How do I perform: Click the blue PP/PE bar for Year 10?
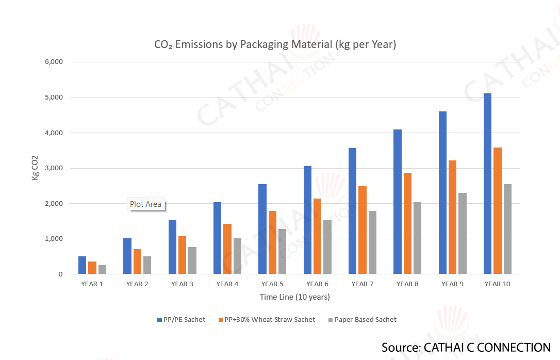487,184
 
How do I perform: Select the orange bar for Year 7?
363,230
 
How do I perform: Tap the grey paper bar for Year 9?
463,233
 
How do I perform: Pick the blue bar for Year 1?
82,265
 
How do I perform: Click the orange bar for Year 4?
227,249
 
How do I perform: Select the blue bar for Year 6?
308,220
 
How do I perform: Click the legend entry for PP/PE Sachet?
181,320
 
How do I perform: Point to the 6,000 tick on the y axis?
54,62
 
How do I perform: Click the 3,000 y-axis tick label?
54,168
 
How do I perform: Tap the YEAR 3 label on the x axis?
183,284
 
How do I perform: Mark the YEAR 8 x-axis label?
407,284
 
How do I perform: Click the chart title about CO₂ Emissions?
275,45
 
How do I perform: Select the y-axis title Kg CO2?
35,168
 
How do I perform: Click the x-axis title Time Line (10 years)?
295,297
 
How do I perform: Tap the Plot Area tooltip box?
145,204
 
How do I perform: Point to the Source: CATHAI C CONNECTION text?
466,347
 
